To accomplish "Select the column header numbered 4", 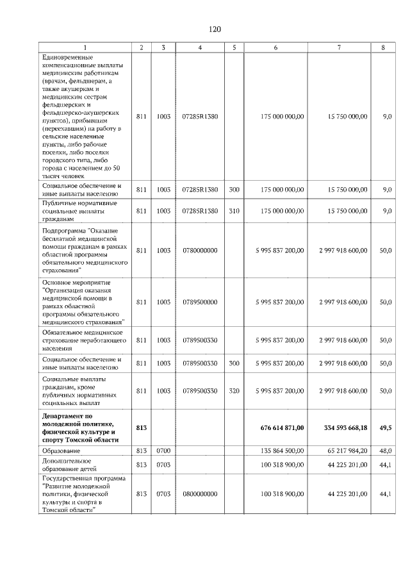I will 200,48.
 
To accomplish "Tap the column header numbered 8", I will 383,48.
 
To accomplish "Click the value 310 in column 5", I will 234,210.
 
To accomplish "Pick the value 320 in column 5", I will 234,390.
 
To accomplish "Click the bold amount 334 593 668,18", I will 345,427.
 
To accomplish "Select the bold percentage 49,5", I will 385,427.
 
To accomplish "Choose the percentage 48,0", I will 385,451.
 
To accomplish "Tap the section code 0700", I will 163,451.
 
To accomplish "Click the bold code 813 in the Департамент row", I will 142,427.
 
